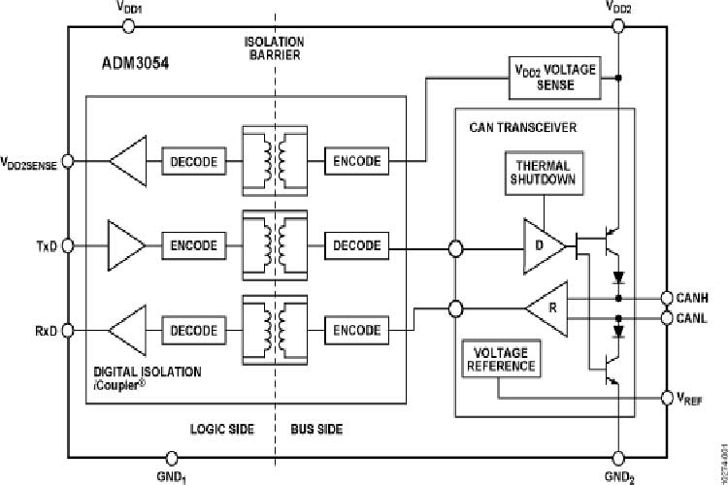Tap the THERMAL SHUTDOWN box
(545, 173)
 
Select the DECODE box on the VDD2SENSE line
(194, 160)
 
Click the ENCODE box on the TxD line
(194, 245)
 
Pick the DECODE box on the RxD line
(194, 330)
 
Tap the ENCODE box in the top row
(357, 160)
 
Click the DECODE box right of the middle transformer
(357, 245)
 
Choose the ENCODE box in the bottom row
(357, 330)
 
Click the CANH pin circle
(667, 298)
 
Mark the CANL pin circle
(667, 316)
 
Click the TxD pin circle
(68, 245)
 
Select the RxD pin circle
(68, 330)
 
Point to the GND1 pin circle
(171, 457)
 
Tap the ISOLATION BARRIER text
(273, 48)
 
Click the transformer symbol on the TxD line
(275, 245)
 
